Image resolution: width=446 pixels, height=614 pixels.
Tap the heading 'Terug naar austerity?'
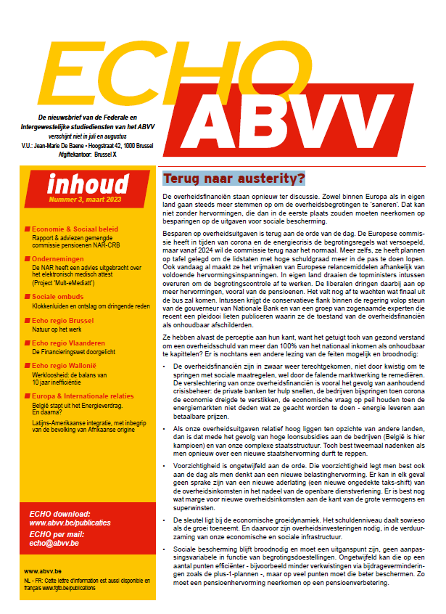click(x=234, y=178)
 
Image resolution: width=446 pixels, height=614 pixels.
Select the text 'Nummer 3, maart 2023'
click(x=82, y=198)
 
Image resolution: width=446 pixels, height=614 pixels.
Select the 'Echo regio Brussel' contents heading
click(x=66, y=318)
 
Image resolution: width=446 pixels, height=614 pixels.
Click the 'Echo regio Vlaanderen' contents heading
click(x=72, y=340)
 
